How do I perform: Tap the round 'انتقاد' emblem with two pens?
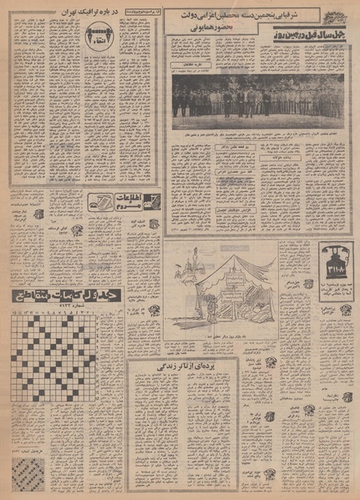point(94,36)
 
